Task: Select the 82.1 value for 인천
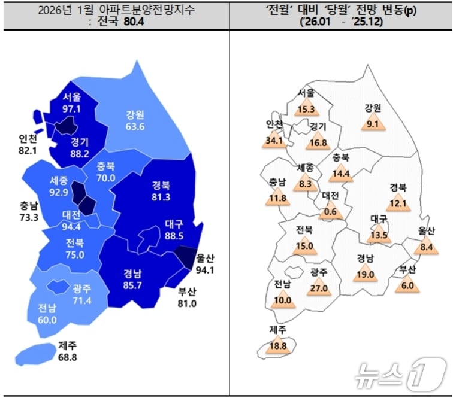(28, 151)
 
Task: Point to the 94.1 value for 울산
(206, 269)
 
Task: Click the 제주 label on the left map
(68, 345)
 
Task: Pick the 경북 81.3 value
(161, 197)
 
